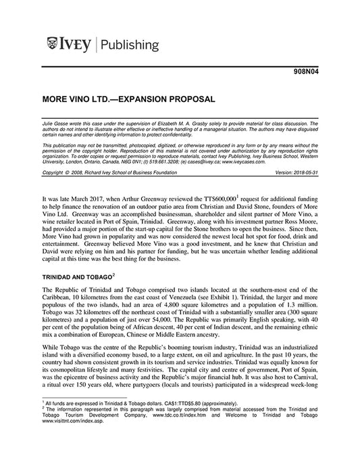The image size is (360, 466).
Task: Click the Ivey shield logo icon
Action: [53, 45]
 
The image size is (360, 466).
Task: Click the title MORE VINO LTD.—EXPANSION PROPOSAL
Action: [128, 99]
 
